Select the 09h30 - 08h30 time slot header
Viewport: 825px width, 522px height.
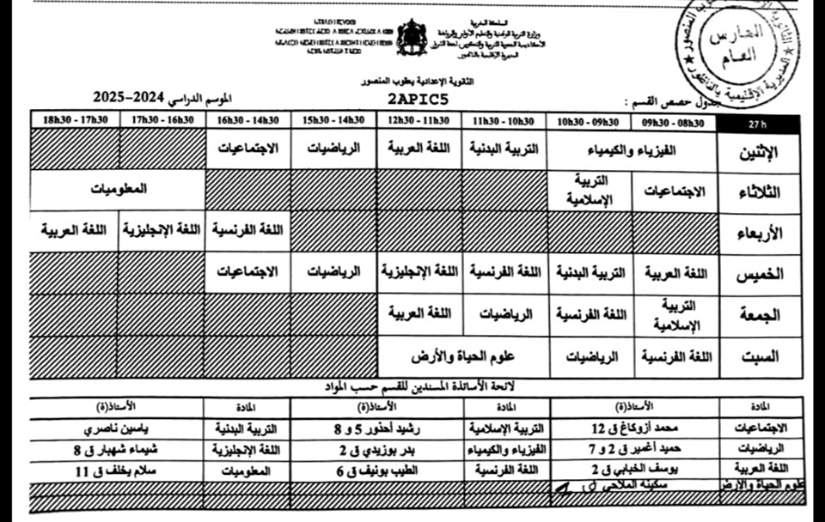coord(676,123)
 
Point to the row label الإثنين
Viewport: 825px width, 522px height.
coord(759,152)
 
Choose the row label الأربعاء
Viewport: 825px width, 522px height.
coord(759,233)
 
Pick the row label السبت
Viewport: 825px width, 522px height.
coord(759,355)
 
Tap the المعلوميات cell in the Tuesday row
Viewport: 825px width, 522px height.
coord(118,189)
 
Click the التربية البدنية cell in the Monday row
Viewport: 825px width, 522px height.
coord(505,149)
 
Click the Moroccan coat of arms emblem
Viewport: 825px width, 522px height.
coord(412,36)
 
